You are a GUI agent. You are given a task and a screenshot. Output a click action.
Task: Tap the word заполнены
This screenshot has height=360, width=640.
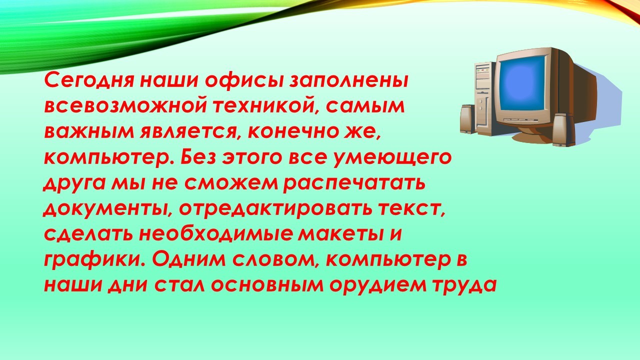pyautogui.click(x=349, y=81)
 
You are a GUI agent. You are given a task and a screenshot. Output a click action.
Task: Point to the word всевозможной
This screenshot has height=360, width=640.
pyautogui.click(x=125, y=106)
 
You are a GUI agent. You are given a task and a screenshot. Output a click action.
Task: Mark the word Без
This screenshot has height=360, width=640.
pyautogui.click(x=199, y=157)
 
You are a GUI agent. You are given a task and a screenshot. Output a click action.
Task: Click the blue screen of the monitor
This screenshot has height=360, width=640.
pyautogui.click(x=521, y=83)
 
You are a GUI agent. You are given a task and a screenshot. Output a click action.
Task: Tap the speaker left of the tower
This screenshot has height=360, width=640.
pyautogui.click(x=467, y=119)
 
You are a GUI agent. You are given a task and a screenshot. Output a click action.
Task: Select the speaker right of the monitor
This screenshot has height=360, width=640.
pyautogui.click(x=563, y=130)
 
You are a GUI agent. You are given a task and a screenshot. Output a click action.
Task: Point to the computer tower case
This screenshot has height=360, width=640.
pyautogui.click(x=484, y=97)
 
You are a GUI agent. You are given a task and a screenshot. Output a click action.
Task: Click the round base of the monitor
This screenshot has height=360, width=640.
pyautogui.click(x=531, y=136)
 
